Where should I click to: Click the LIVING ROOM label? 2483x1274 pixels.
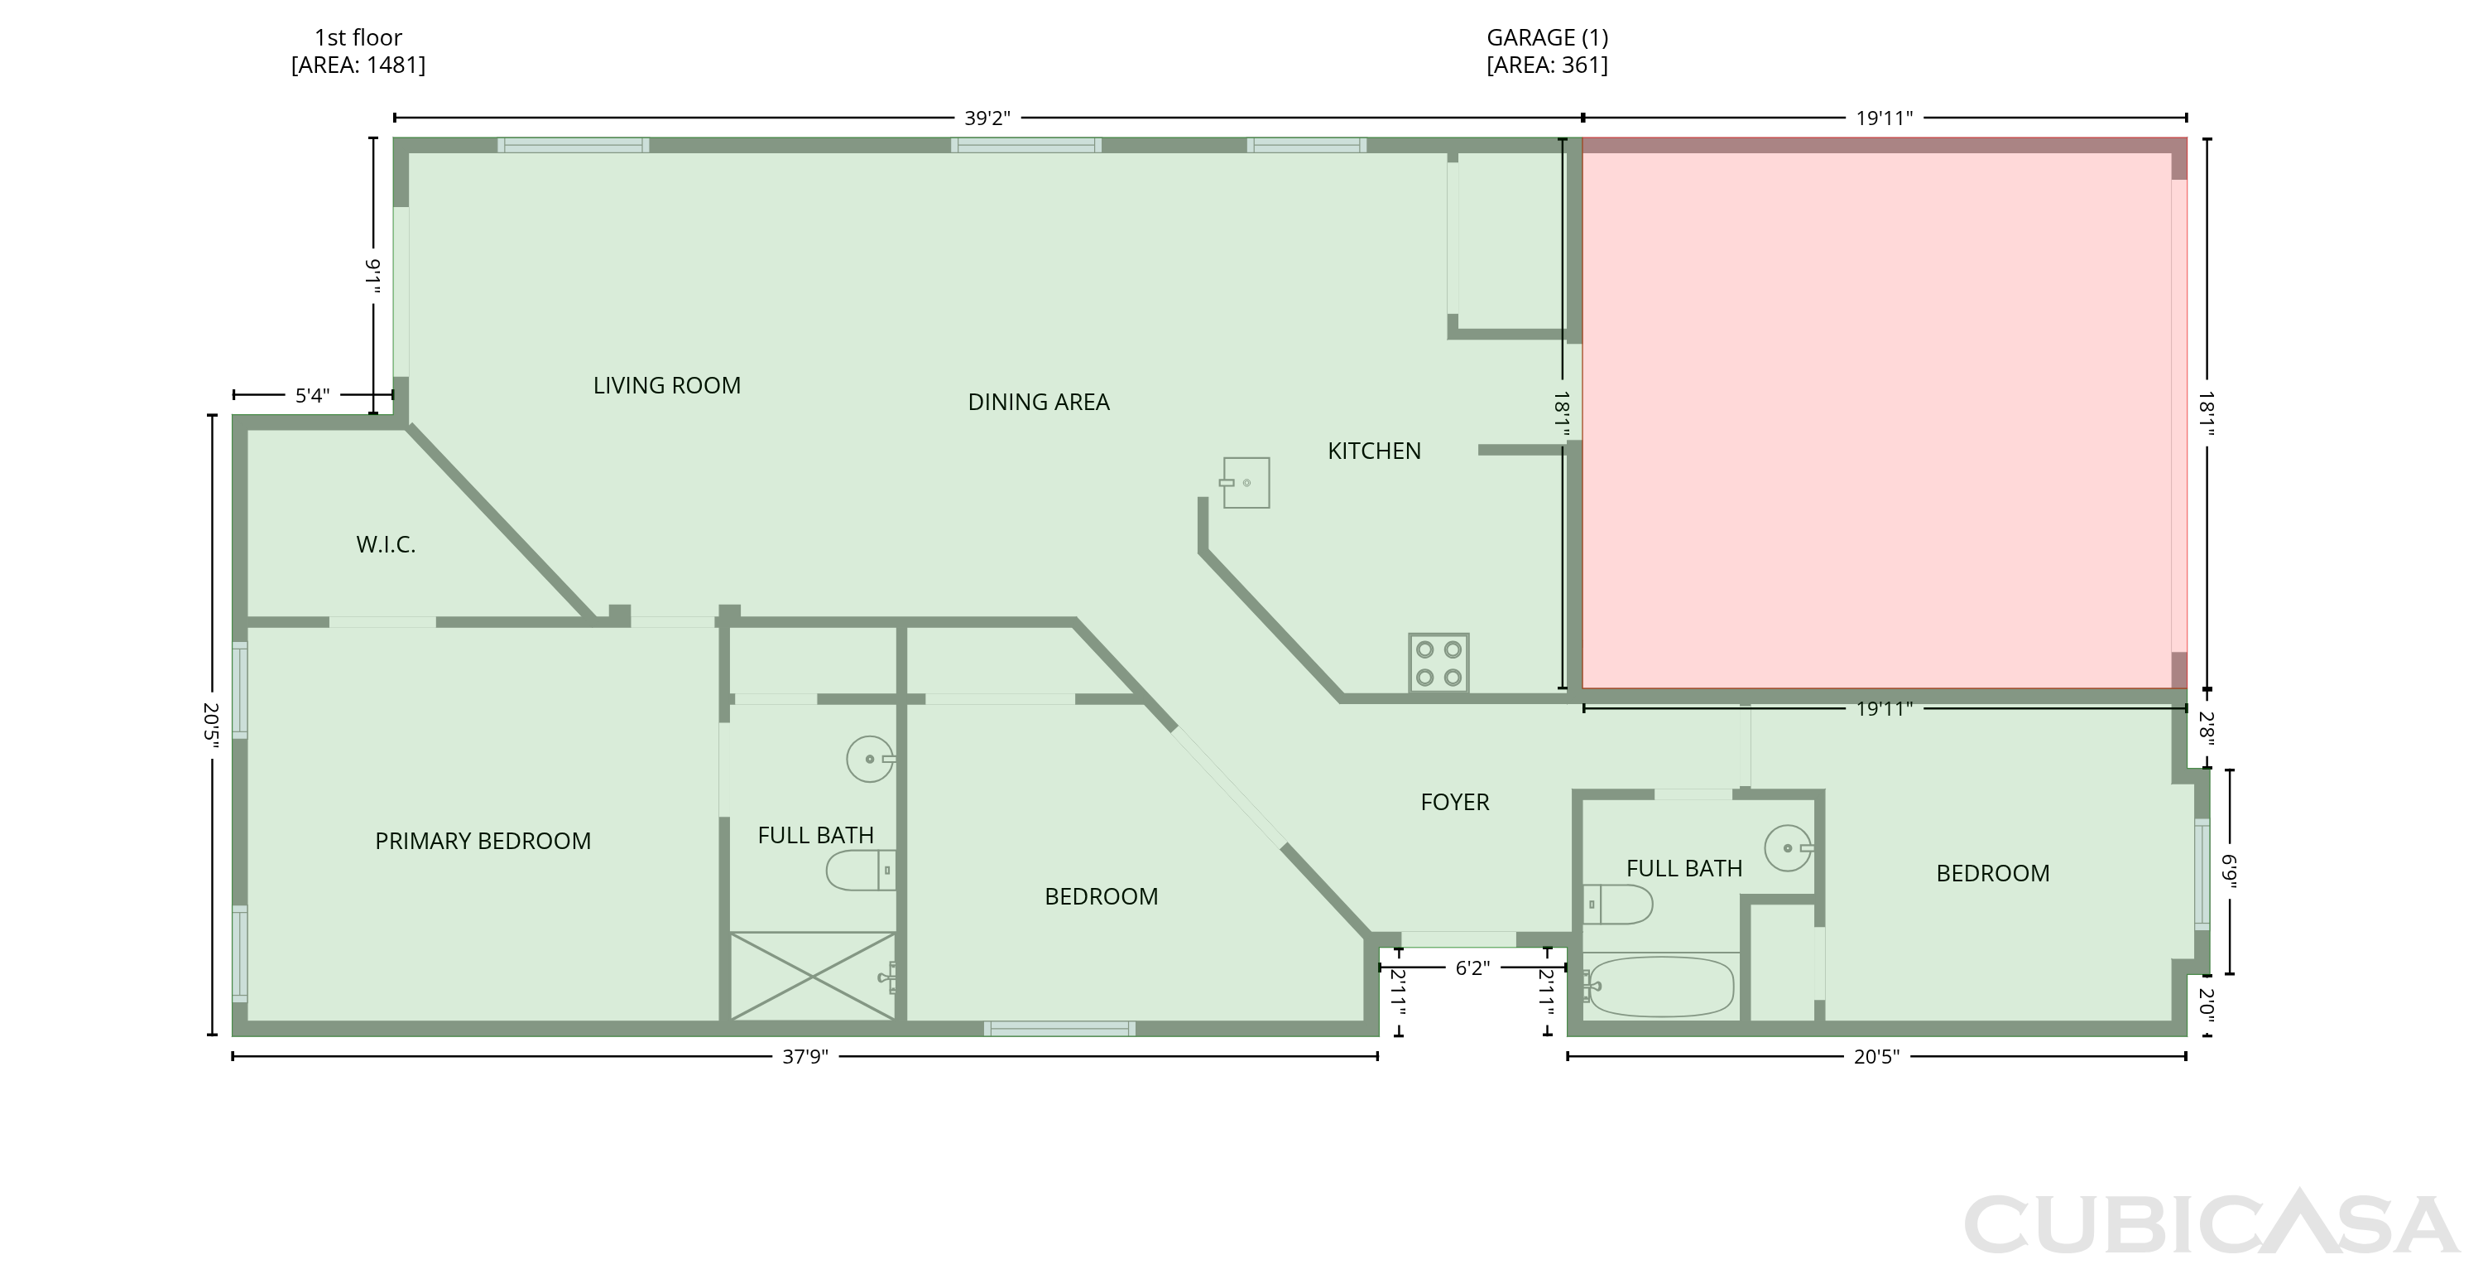pyautogui.click(x=667, y=386)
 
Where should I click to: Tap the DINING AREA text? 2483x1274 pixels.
pyautogui.click(x=1038, y=403)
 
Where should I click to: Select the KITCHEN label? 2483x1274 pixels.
pyautogui.click(x=1374, y=451)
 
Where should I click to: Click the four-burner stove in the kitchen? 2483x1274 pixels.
pyautogui.click(x=1438, y=663)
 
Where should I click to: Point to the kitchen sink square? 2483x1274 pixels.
pyautogui.click(x=1246, y=482)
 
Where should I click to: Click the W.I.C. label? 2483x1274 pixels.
pyautogui.click(x=386, y=545)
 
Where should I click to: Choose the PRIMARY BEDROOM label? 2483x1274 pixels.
pyautogui.click(x=483, y=841)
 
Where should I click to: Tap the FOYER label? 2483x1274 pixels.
pyautogui.click(x=1454, y=803)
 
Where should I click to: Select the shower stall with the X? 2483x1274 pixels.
pyautogui.click(x=813, y=976)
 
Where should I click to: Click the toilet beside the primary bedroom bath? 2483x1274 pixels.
pyautogui.click(x=861, y=870)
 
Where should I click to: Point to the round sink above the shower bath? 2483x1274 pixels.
pyautogui.click(x=871, y=759)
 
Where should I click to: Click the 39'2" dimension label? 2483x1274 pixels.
pyautogui.click(x=987, y=118)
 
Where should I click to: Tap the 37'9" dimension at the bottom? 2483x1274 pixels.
pyautogui.click(x=804, y=1057)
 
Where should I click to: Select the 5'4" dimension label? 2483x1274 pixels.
pyautogui.click(x=312, y=395)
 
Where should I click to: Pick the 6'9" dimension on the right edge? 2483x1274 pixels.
pyautogui.click(x=2229, y=871)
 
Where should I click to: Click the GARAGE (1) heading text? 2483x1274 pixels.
pyautogui.click(x=1547, y=37)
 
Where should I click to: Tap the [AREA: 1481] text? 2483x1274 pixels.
pyautogui.click(x=358, y=65)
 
